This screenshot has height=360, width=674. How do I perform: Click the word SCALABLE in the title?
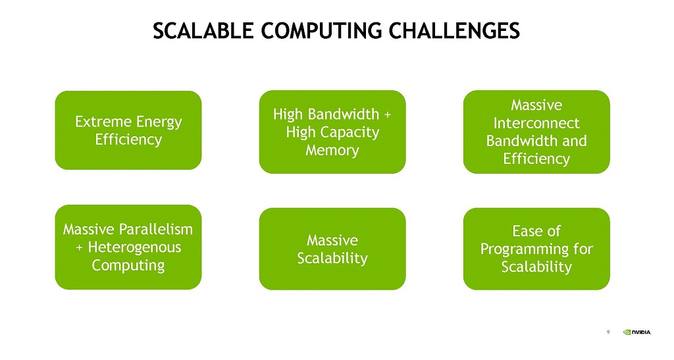(x=203, y=31)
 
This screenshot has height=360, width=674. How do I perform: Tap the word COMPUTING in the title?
(x=321, y=31)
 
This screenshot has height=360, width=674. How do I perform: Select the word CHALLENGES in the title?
(x=454, y=31)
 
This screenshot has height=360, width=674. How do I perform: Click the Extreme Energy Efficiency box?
(x=128, y=130)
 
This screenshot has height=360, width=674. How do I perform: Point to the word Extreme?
(x=101, y=122)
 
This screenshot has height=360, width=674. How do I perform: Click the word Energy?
(x=157, y=122)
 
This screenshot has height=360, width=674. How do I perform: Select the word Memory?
(x=332, y=150)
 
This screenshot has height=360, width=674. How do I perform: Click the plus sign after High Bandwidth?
(x=388, y=115)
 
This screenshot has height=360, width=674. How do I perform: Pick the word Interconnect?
(x=536, y=123)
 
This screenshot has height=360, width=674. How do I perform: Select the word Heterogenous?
(x=134, y=248)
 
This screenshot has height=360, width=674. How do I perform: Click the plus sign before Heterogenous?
(x=79, y=248)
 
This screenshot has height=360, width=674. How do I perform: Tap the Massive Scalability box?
(x=332, y=249)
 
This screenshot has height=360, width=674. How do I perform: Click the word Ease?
(x=527, y=231)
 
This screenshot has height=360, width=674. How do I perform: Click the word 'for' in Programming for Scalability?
(x=583, y=249)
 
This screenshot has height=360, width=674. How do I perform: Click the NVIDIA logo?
(x=637, y=332)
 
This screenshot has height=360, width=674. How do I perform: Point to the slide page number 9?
(x=608, y=332)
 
